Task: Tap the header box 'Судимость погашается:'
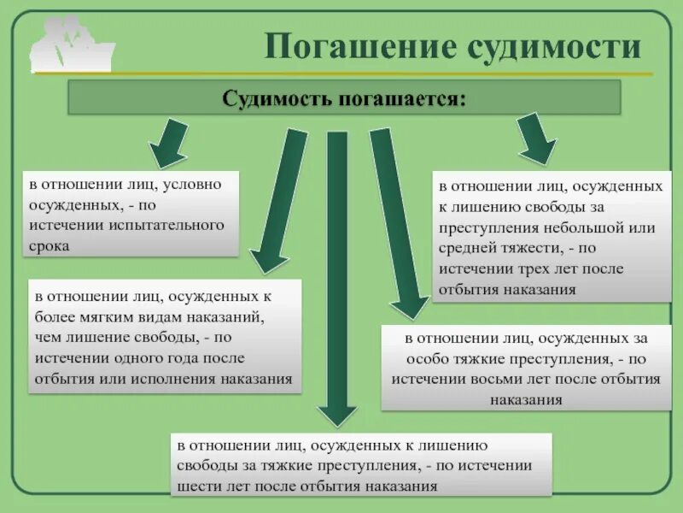tap(344, 97)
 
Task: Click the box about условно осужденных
tap(131, 214)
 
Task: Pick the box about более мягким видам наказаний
tap(165, 337)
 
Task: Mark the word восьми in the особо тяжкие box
tap(471, 379)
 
